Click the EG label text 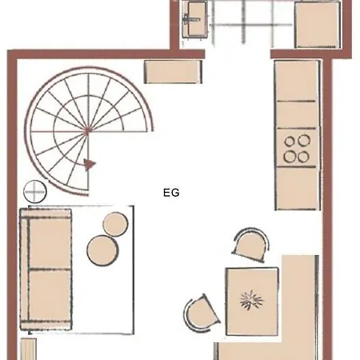tap(171, 193)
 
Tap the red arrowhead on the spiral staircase tap(90, 165)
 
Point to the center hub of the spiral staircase tap(87, 131)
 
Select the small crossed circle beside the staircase tap(34, 191)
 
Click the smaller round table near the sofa tap(115, 224)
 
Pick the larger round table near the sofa tap(102, 250)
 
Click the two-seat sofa tap(46, 270)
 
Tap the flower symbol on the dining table tap(252, 301)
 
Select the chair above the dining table tap(250, 245)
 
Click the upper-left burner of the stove tap(290, 142)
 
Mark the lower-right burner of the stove tap(303, 157)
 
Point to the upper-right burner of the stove tap(304, 140)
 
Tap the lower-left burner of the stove tap(290, 157)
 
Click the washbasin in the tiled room tap(195, 19)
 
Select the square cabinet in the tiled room tap(318, 25)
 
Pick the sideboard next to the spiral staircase tap(173, 72)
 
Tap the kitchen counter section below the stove tap(297, 188)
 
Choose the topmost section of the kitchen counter tap(297, 81)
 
